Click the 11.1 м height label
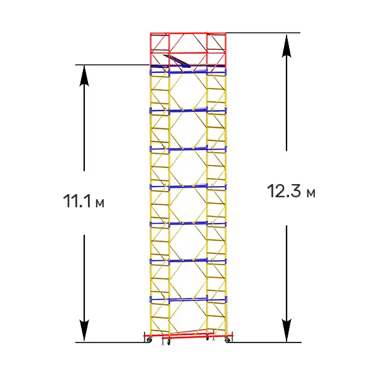84,201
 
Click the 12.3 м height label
291,192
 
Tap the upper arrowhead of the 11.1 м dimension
84,75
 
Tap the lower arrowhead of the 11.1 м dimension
84,331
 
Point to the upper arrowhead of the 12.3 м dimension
287,46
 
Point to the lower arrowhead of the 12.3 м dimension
287,331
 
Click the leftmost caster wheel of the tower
150,340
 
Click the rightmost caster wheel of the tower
227,340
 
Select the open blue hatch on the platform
177,60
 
